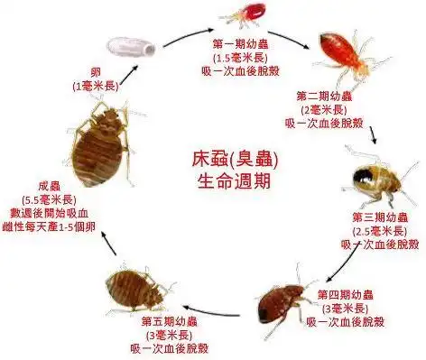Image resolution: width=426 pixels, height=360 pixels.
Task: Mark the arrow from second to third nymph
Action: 373,134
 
